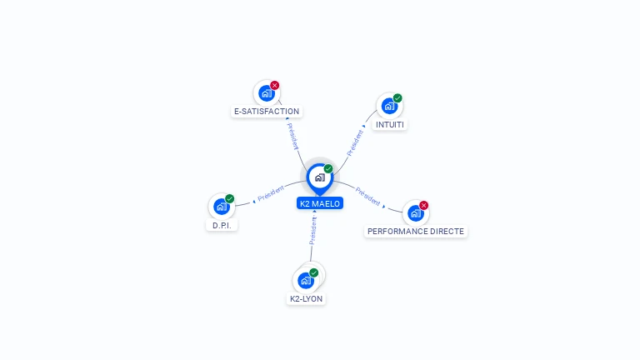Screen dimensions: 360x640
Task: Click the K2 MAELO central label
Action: click(x=320, y=203)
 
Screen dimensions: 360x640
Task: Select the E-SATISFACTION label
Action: click(x=266, y=111)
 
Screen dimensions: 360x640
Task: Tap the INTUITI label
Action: click(x=390, y=124)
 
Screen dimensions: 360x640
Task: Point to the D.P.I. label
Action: click(x=221, y=225)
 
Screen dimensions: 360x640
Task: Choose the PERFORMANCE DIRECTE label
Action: click(x=416, y=231)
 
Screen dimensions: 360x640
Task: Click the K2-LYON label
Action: click(x=306, y=298)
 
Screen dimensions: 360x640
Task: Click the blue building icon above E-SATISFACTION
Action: click(x=266, y=92)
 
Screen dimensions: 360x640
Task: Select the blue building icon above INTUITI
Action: click(x=388, y=106)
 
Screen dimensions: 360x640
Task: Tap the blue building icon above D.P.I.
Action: click(x=221, y=207)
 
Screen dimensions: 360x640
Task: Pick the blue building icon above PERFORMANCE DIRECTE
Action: click(x=415, y=212)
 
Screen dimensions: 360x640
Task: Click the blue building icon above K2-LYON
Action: click(x=305, y=280)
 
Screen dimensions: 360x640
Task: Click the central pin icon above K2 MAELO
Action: click(x=319, y=177)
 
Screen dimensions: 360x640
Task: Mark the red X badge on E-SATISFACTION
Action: click(x=275, y=85)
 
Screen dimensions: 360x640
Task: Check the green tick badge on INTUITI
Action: click(x=397, y=98)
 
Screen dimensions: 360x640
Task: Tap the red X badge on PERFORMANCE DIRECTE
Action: click(x=424, y=205)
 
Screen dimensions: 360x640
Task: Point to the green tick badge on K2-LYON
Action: click(x=314, y=272)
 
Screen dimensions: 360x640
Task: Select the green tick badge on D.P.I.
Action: click(x=230, y=199)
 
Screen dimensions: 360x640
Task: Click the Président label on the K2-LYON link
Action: click(x=313, y=230)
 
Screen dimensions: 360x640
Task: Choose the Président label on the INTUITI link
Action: click(x=355, y=142)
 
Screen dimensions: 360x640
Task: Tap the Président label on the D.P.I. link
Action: click(x=272, y=195)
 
